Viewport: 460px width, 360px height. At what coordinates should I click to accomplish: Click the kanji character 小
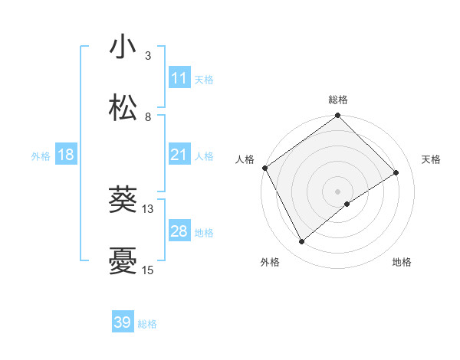click(x=123, y=47)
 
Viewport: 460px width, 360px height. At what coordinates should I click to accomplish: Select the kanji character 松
click(x=123, y=107)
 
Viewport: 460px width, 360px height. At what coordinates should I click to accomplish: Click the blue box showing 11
click(x=179, y=78)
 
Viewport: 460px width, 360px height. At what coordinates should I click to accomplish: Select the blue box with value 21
click(x=179, y=155)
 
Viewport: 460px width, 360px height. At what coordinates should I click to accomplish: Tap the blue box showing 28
click(x=179, y=231)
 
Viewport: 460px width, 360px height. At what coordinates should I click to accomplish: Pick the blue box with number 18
click(x=66, y=155)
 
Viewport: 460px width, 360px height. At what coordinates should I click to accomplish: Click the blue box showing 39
click(x=123, y=322)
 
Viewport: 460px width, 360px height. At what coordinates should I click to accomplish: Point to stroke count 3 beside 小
click(x=147, y=56)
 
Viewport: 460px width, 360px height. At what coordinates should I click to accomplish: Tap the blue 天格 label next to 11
click(x=204, y=79)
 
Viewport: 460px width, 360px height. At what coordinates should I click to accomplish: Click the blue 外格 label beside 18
click(x=41, y=156)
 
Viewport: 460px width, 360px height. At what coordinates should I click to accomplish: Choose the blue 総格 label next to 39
click(x=147, y=323)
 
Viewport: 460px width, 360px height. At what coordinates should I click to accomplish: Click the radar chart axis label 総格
click(x=338, y=100)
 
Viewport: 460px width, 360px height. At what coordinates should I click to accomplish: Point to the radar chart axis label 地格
click(x=402, y=263)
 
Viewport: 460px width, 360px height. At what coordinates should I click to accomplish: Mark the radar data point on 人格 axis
click(x=264, y=168)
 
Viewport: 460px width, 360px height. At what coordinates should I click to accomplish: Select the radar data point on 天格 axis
click(x=396, y=173)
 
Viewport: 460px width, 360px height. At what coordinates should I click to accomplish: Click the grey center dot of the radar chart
click(x=338, y=191)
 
